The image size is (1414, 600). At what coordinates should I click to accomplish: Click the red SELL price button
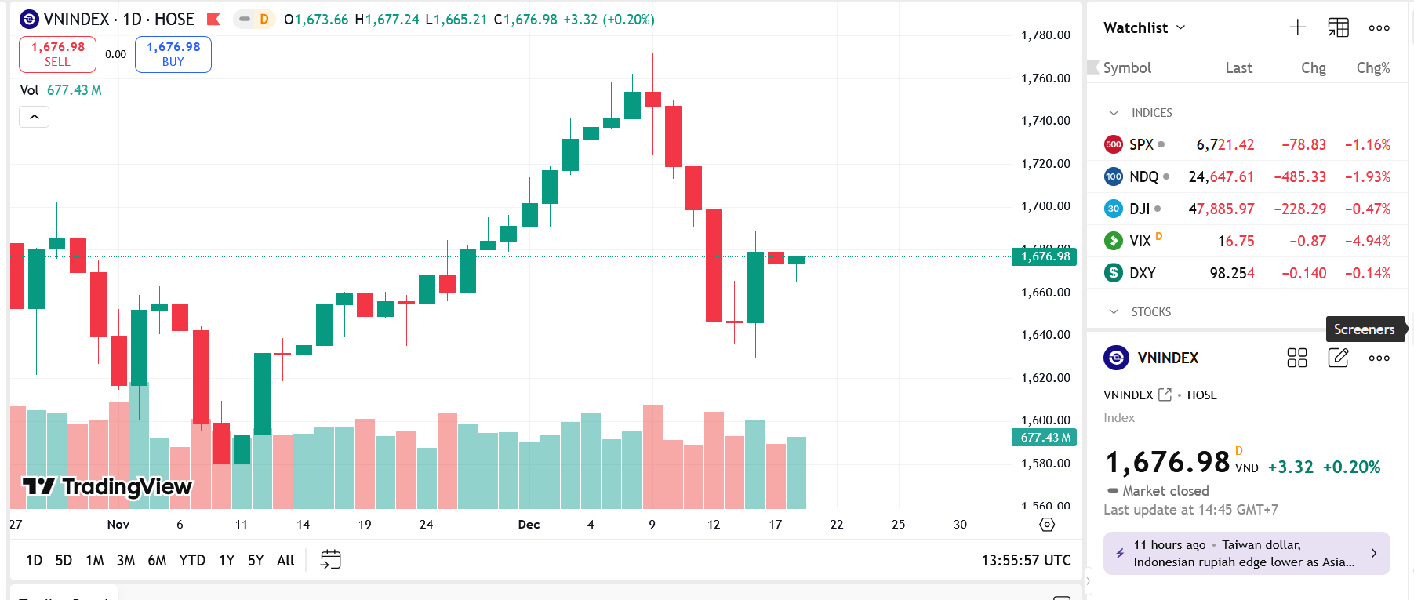(57, 54)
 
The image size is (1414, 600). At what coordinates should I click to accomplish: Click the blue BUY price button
(173, 54)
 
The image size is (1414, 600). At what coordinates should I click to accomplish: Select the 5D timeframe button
(64, 560)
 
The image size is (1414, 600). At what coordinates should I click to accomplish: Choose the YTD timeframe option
(192, 560)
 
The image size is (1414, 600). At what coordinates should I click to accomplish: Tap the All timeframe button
(285, 560)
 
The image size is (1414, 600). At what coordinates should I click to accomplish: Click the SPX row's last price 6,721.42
(1225, 144)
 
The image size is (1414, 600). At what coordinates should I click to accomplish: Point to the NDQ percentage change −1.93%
(1368, 176)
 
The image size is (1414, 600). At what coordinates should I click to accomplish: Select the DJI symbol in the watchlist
(1139, 209)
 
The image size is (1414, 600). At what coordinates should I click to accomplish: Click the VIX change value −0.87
(1308, 241)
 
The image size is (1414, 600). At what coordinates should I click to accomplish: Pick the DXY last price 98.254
(1232, 273)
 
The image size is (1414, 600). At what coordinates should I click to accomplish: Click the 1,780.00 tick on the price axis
(1045, 35)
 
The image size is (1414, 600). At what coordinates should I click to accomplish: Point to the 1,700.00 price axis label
(1045, 206)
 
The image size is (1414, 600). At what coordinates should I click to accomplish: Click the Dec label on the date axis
(529, 524)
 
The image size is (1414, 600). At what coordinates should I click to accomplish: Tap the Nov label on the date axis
(118, 524)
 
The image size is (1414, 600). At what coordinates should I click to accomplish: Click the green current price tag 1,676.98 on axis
(1045, 256)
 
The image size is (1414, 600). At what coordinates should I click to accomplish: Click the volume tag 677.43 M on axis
(1045, 438)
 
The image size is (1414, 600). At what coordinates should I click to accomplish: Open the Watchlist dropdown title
(1144, 27)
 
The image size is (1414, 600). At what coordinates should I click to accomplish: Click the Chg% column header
(1373, 68)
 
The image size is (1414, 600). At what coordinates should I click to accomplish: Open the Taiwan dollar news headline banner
(1246, 553)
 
